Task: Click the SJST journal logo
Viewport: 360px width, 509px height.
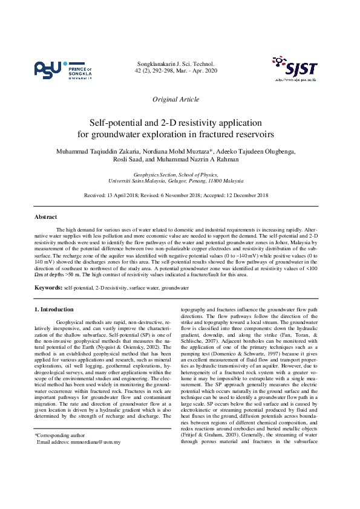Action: point(295,68)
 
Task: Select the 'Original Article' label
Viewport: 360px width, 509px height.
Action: point(175,99)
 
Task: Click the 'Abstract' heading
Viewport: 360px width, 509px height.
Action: point(46,217)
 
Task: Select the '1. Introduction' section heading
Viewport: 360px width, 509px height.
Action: point(54,310)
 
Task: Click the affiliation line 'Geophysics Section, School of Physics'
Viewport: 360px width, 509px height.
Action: point(175,173)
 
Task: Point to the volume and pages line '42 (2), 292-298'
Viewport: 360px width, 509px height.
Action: point(164,71)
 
